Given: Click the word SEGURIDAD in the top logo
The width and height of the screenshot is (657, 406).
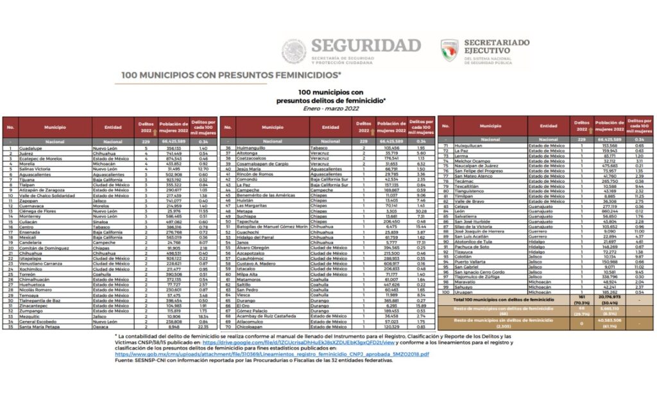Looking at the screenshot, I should pos(366,46).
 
